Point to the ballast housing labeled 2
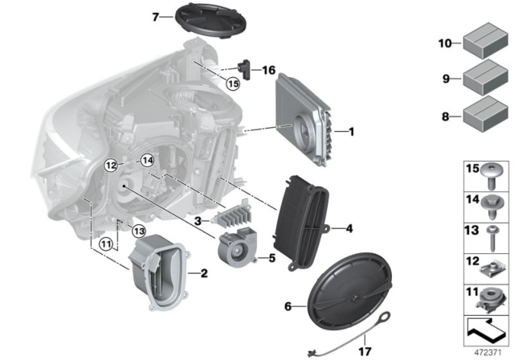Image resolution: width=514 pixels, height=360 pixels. pos(160,272)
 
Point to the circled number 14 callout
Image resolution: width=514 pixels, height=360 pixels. pos(147,162)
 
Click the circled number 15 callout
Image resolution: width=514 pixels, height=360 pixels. pos(233,83)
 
